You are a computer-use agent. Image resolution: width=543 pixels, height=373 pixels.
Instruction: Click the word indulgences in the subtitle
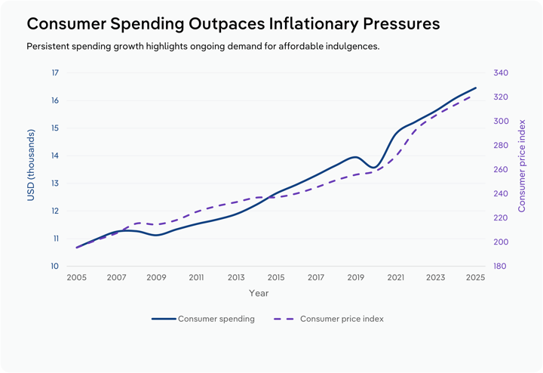345,47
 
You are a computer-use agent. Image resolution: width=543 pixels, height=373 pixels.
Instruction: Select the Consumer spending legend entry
204,319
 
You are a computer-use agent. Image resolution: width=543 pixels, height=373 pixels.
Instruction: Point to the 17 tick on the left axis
55,73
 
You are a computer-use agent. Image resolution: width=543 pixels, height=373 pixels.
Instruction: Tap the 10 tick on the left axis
55,267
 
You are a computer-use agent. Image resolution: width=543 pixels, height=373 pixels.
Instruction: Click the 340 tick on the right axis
501,73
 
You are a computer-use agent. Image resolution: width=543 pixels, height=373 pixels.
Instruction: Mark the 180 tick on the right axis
501,267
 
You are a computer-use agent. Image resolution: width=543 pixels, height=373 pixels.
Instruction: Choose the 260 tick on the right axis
501,170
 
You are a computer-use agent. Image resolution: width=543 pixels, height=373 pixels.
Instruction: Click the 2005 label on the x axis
76,278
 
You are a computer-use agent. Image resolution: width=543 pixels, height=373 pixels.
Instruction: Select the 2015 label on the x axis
276,278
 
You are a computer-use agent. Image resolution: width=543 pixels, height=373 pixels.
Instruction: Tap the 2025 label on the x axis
476,278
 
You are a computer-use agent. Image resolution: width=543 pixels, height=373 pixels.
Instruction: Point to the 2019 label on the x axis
356,278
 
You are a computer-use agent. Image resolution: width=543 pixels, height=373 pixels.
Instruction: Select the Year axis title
259,293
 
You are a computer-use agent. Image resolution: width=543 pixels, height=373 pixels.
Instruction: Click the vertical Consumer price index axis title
522,165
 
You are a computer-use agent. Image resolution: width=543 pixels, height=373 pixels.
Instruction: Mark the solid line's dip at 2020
375,167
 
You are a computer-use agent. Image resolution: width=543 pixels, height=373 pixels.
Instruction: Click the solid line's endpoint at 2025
476,88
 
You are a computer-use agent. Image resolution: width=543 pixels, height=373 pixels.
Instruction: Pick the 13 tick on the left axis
55,183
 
